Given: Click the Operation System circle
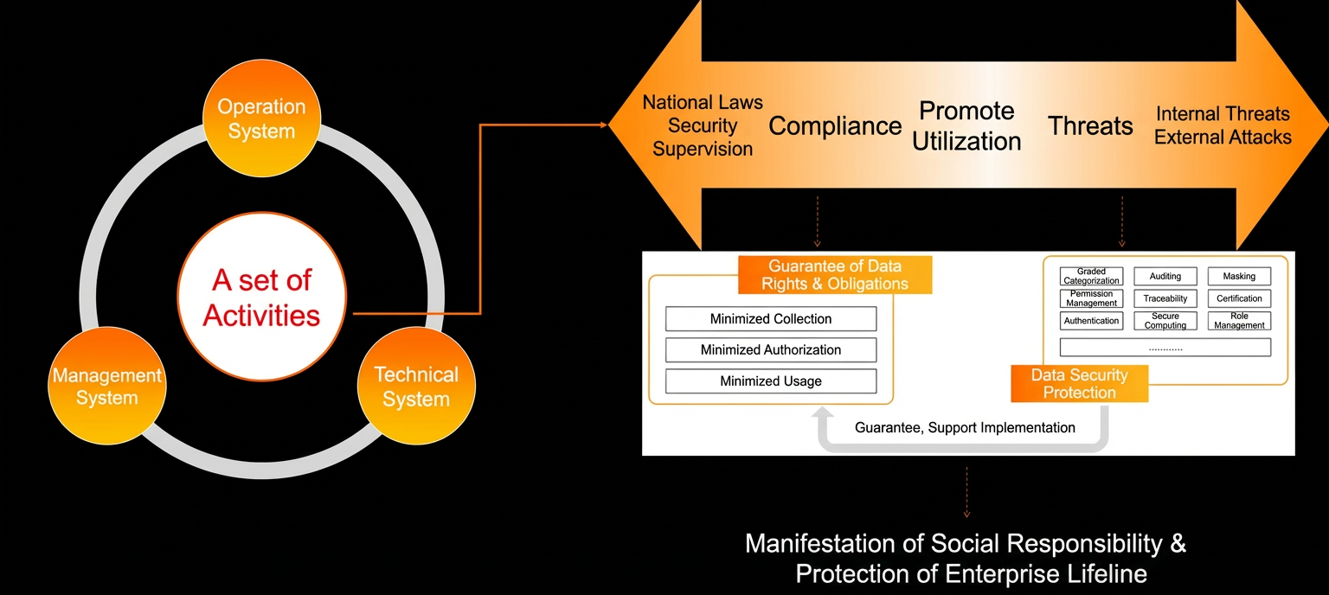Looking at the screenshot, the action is tap(261, 118).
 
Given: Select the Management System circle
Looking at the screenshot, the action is tap(107, 386).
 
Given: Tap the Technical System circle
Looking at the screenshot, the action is tap(416, 386).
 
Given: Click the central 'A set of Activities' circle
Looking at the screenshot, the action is tap(261, 297).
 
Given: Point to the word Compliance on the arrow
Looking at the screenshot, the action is tap(835, 126).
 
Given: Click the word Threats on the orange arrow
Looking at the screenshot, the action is tap(1090, 125).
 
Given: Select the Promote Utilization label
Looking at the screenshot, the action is tap(966, 125).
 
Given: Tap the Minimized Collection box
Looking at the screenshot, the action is tap(771, 318).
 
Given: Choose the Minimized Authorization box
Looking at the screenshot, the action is tap(771, 350).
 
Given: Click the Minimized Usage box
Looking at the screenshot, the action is tap(771, 381).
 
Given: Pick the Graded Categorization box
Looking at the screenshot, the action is tap(1091, 276).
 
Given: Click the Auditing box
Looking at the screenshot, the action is tap(1165, 276).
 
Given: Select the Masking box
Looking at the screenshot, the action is tap(1239, 276).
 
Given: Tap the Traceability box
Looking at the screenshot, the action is tap(1165, 298).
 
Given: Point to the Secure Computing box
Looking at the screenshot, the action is tap(1165, 321).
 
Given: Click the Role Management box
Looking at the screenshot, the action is tap(1239, 321).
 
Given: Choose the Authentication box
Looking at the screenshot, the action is tap(1091, 321).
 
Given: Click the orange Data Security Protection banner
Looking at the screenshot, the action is tap(1079, 384).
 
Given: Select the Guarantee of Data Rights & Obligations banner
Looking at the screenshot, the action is tap(835, 275).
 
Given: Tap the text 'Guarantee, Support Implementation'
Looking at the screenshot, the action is tap(965, 428).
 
